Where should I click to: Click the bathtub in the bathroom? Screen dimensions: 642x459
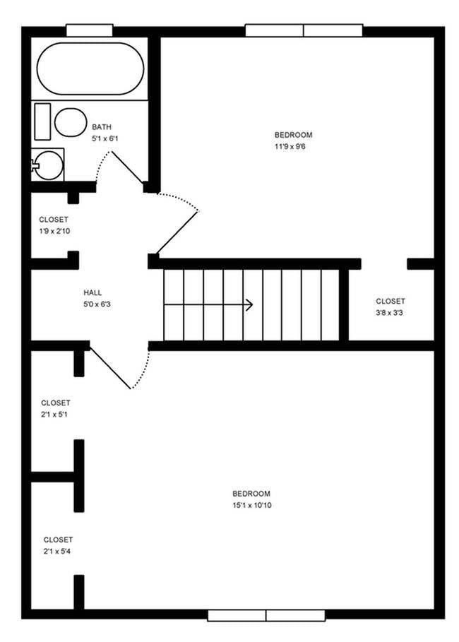click(90, 69)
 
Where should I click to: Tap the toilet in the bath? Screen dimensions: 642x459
click(69, 122)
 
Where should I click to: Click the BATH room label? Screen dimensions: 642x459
click(102, 127)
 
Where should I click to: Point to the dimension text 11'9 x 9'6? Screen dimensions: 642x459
click(293, 146)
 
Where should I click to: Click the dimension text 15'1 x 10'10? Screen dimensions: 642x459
click(251, 505)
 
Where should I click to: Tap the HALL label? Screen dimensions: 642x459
click(93, 292)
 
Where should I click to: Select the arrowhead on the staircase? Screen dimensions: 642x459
click(249, 305)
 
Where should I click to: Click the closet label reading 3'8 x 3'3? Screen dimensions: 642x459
click(390, 312)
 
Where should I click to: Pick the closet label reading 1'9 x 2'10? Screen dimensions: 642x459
click(54, 231)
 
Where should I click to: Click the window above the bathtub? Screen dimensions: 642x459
click(90, 30)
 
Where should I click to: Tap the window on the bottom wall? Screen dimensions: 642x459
click(266, 615)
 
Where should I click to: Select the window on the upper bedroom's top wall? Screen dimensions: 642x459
click(304, 30)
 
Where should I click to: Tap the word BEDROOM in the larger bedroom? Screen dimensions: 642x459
click(251, 493)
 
